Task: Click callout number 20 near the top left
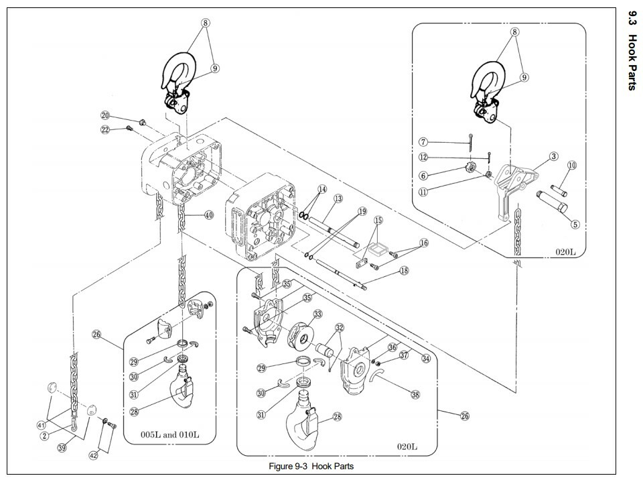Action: pyautogui.click(x=106, y=116)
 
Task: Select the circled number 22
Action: pyautogui.click(x=105, y=130)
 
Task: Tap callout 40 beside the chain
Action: pyautogui.click(x=209, y=215)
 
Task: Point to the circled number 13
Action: pyautogui.click(x=338, y=198)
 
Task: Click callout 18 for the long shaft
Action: pyautogui.click(x=404, y=271)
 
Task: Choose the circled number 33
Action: pyautogui.click(x=317, y=314)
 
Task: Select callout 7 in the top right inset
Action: pyautogui.click(x=423, y=141)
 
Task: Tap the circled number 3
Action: pyautogui.click(x=554, y=156)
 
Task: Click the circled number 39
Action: pyautogui.click(x=62, y=448)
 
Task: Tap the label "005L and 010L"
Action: pyautogui.click(x=169, y=434)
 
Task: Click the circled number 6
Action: pyautogui.click(x=423, y=175)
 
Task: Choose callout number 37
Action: pyautogui.click(x=404, y=356)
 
